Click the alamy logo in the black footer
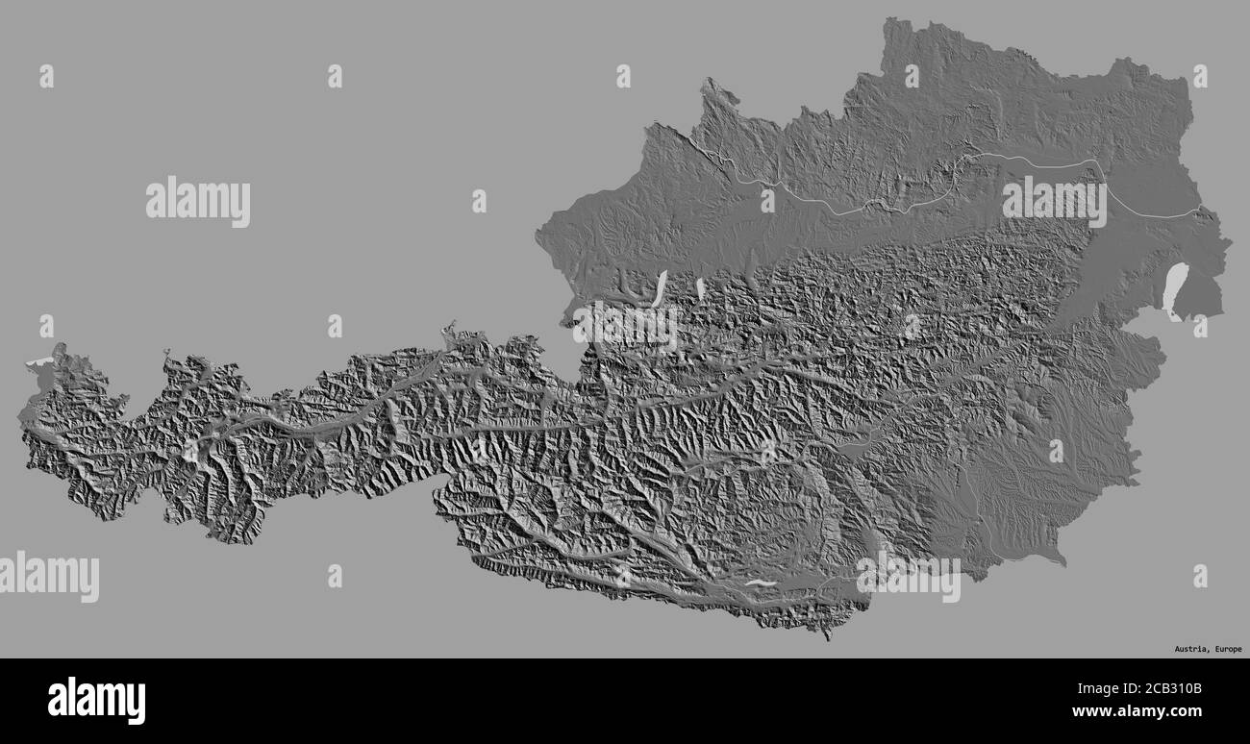point(96,701)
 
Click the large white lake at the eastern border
point(1172,293)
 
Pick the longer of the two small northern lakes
point(660,288)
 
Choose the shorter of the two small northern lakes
point(700,287)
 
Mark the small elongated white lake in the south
point(760,583)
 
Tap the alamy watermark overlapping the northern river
point(1054,201)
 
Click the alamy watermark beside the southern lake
point(908,577)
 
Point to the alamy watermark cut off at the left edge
point(48,577)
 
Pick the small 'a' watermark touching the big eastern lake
point(1200,327)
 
